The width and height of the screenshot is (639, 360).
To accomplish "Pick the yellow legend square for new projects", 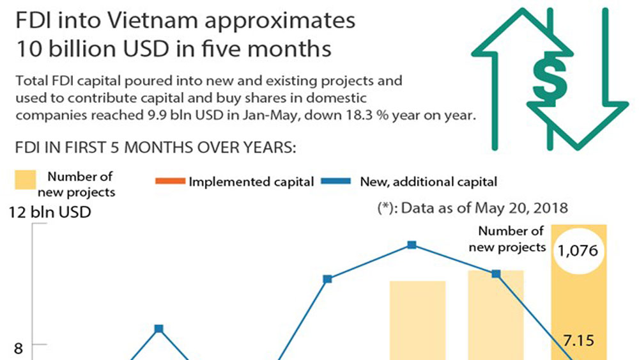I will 26,181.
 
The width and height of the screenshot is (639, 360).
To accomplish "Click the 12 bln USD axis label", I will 50,212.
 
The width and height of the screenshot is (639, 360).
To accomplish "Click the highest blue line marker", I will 412,245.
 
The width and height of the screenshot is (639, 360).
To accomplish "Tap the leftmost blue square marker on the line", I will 158,329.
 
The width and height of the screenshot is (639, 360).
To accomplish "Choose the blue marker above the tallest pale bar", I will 496,274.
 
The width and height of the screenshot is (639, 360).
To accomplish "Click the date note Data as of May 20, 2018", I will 472,207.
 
